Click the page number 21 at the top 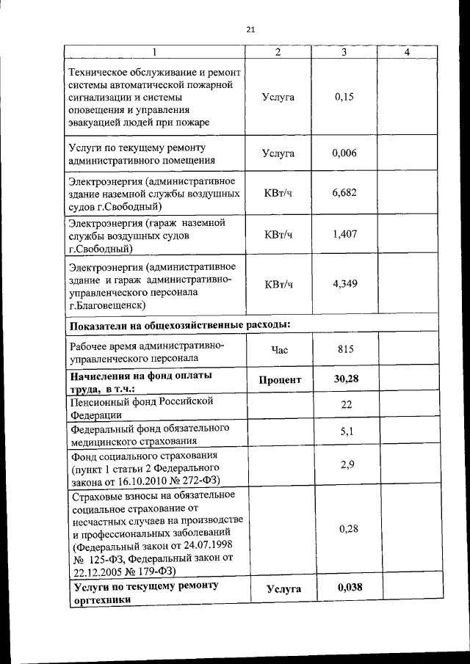click(250, 29)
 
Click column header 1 click(155, 52)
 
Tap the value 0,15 click(344, 97)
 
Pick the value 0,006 click(344, 153)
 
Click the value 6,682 click(344, 192)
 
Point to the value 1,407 click(344, 234)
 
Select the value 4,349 click(344, 283)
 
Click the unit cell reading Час click(279, 351)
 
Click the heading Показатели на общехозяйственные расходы click(179, 325)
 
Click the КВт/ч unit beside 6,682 click(278, 193)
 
